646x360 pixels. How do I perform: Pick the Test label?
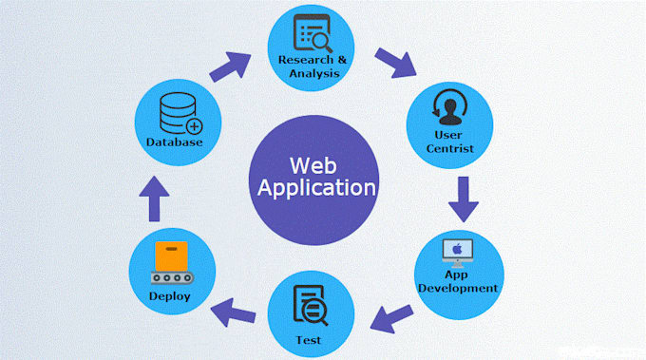click(309, 339)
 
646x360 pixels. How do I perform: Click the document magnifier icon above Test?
click(310, 305)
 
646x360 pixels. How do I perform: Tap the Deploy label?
click(170, 296)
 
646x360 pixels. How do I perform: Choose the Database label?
click(175, 142)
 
